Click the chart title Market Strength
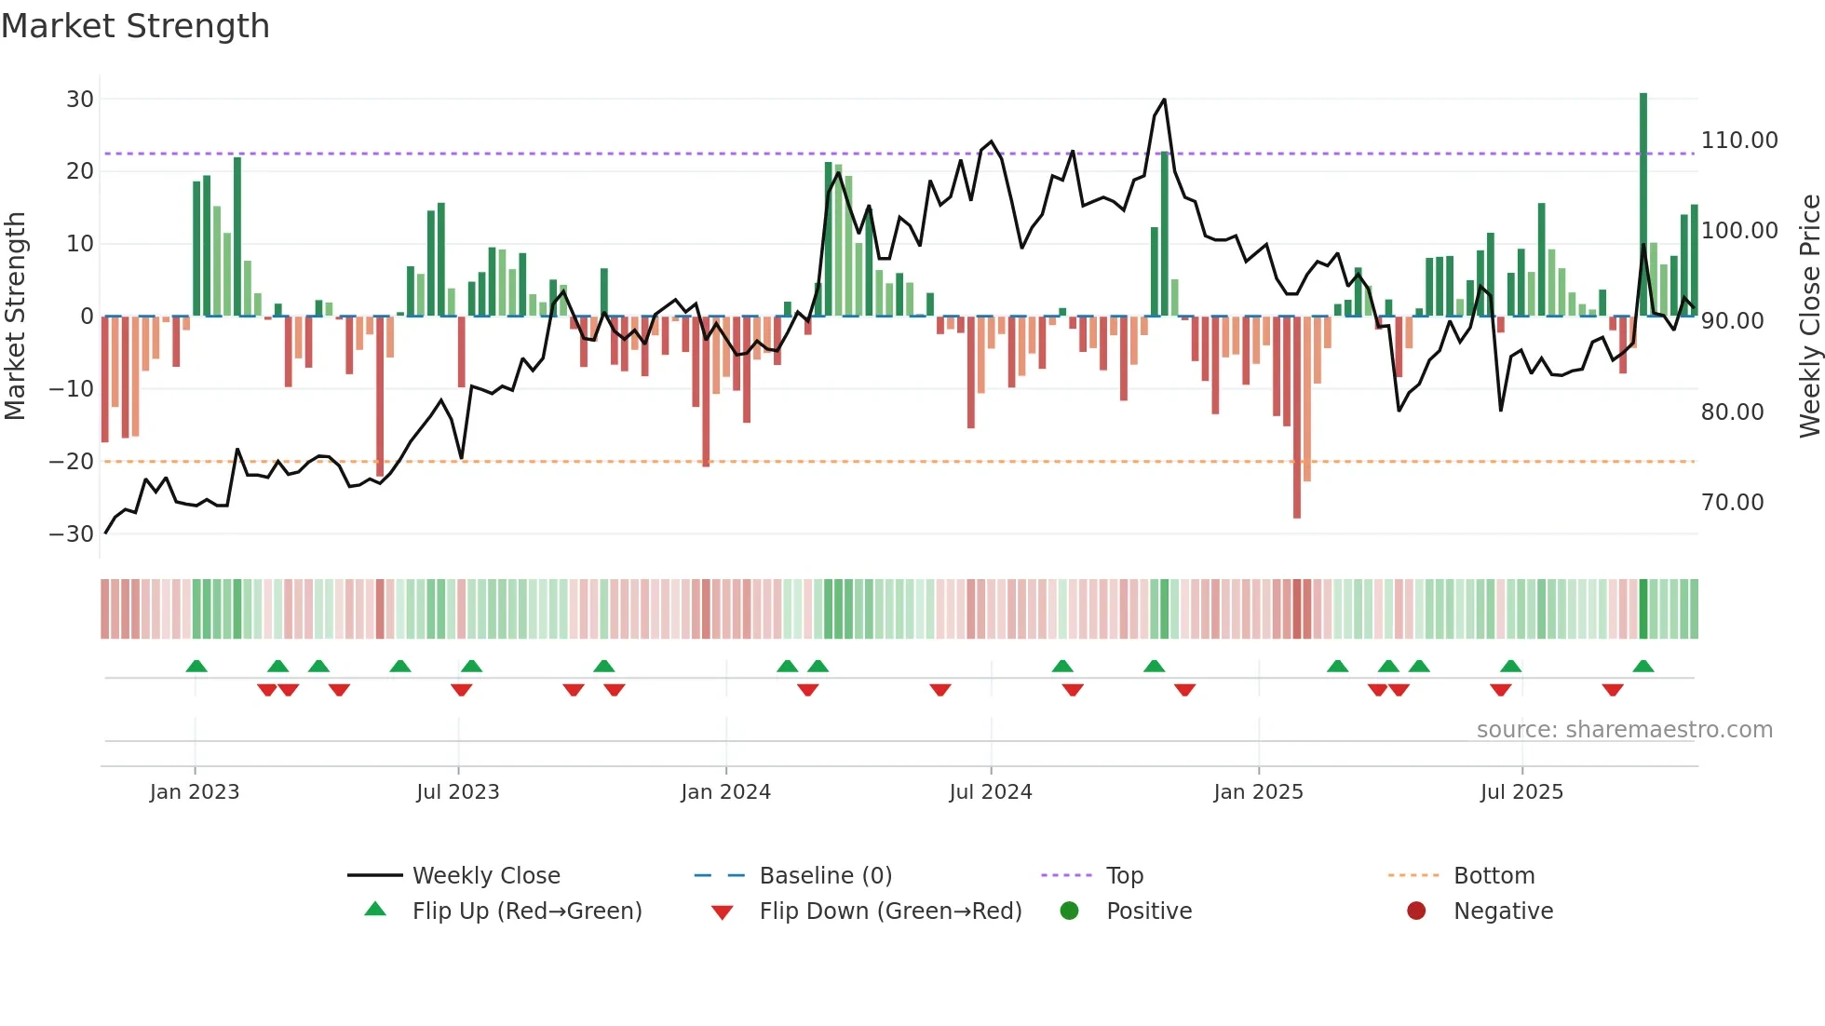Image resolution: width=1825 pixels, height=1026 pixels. pos(135,26)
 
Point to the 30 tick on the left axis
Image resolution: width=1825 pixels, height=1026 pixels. pos(80,100)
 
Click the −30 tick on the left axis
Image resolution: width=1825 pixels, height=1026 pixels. pos(72,534)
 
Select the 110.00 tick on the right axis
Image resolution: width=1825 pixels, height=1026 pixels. pos(1738,141)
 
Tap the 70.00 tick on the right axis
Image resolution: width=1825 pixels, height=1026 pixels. pos(1732,503)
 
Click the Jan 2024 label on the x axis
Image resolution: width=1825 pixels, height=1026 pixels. pos(725,792)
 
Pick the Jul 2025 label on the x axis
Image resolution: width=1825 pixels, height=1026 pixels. pos(1521,792)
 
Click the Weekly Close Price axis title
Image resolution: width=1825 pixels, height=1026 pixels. pos(1809,316)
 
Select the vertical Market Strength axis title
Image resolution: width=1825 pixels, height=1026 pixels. pos(15,316)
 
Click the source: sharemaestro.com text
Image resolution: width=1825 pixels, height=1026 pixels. pos(1624,730)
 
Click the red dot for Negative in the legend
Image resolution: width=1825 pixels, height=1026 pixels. pos(1416,911)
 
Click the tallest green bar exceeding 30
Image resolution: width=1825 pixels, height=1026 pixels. pos(1643,205)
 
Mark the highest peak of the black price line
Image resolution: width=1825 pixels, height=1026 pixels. pos(1164,100)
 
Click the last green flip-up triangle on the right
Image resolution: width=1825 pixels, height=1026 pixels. pos(1643,667)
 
